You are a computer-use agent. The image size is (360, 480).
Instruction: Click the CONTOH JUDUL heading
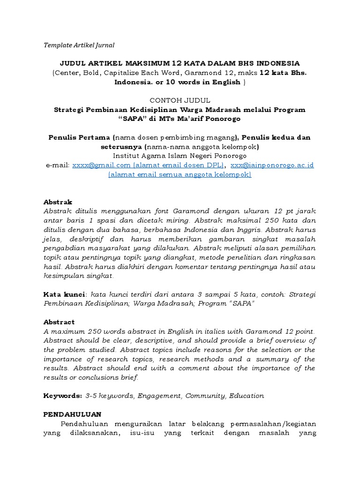pyautogui.click(x=180, y=100)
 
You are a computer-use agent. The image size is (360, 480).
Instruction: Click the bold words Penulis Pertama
pyautogui.click(x=79, y=137)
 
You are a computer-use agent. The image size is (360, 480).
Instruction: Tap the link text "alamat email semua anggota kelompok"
pyautogui.click(x=180, y=174)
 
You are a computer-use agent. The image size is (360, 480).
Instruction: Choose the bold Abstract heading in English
pyautogui.click(x=59, y=322)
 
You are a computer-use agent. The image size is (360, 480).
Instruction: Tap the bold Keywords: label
pyautogui.click(x=63, y=396)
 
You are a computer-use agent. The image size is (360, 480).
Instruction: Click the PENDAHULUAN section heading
pyautogui.click(x=72, y=414)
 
